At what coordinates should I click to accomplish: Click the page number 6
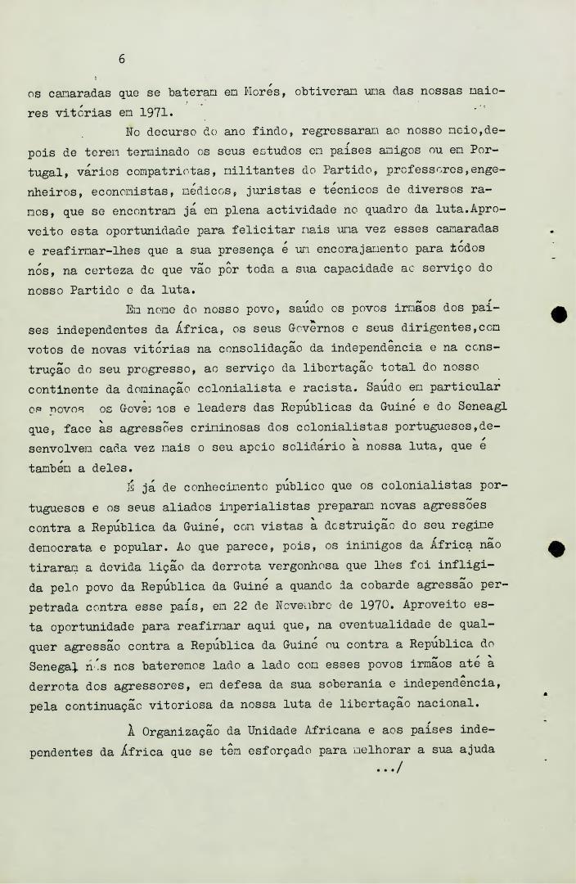coord(121,58)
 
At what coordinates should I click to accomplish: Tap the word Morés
coord(264,91)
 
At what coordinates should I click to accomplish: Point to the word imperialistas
coord(281,505)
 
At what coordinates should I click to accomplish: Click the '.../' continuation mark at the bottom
coord(390,769)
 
